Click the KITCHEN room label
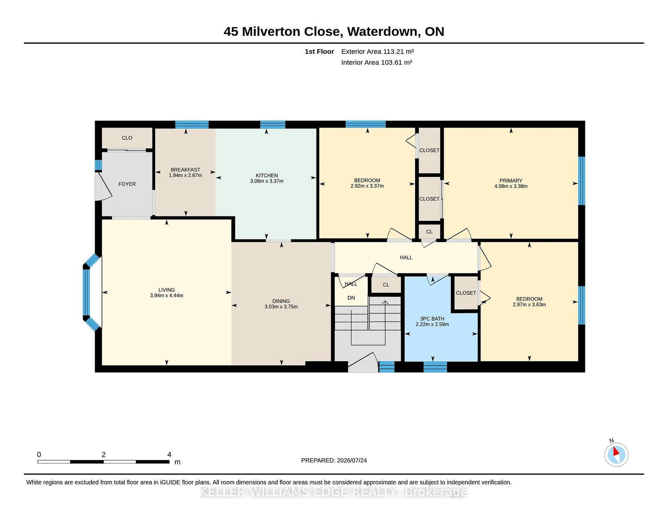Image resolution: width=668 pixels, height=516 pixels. click(266, 175)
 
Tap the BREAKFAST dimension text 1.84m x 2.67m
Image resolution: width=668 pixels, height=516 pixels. click(185, 175)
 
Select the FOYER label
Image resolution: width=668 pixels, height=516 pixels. click(127, 184)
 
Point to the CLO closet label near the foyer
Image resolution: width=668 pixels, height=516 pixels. click(127, 138)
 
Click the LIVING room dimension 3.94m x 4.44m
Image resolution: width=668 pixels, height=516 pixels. click(167, 295)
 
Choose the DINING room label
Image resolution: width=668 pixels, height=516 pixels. click(281, 301)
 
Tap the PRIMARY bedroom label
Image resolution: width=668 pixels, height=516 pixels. click(511, 181)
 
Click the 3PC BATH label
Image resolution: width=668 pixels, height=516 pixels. click(432, 319)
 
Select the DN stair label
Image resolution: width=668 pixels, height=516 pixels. click(351, 297)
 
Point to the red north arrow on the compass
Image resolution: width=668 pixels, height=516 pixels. click(616, 451)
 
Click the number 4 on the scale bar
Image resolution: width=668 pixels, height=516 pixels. click(169, 455)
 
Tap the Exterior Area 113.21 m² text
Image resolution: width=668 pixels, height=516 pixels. click(377, 52)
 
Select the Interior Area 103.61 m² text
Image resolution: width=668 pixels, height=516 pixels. click(377, 62)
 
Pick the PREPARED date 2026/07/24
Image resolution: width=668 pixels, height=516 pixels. click(352, 461)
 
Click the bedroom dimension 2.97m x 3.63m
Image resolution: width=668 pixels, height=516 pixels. click(529, 305)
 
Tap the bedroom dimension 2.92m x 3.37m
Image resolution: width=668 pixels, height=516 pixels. click(367, 186)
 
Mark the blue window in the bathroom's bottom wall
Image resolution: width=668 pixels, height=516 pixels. click(435, 367)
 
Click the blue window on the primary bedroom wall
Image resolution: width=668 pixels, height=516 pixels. click(582, 181)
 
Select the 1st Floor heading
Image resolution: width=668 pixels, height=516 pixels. click(319, 52)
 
